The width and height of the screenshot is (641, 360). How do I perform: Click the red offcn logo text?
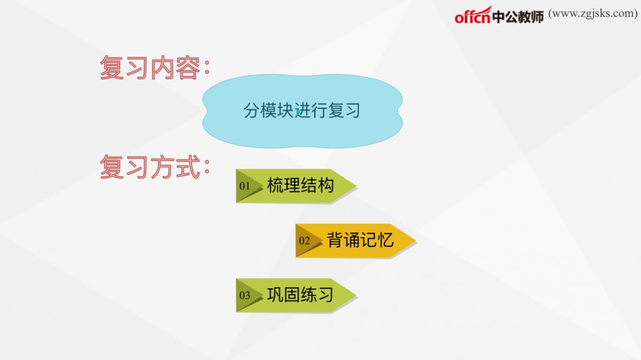[473, 15]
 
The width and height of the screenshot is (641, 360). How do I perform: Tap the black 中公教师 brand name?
[518, 17]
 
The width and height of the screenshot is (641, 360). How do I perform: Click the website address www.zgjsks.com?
[593, 13]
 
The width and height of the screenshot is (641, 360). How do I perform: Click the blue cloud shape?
[302, 111]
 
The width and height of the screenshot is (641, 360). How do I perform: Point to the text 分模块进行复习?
[302, 111]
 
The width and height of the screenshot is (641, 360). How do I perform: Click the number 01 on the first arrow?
[245, 186]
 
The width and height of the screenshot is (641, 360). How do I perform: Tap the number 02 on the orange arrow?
[304, 241]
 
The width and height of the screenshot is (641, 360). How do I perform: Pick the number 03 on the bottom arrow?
[245, 295]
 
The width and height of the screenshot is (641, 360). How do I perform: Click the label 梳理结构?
[300, 185]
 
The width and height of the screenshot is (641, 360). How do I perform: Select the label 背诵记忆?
[360, 240]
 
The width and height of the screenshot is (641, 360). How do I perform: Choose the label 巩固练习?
[300, 294]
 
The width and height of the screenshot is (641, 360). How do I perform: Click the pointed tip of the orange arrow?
[416, 241]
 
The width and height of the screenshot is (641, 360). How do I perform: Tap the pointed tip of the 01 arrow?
[356, 186]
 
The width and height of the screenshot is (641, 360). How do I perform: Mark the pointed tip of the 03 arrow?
[356, 295]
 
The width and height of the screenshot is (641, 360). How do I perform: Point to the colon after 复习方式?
[207, 167]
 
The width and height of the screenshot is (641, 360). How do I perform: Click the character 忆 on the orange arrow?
[386, 240]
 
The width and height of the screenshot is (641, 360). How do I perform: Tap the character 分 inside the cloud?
[252, 111]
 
